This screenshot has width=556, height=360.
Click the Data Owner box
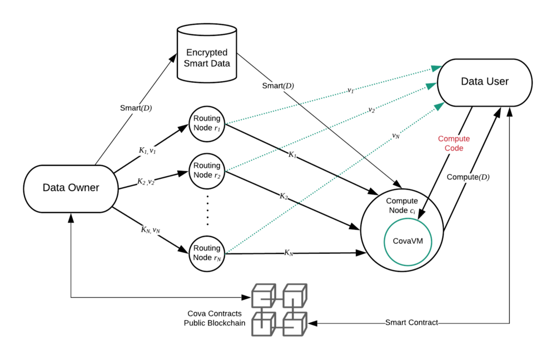(71, 188)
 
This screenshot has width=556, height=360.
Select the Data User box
(484, 82)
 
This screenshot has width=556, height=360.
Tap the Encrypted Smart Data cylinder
(207, 56)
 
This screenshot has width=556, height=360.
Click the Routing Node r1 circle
(207, 123)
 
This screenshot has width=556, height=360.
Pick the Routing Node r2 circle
(207, 171)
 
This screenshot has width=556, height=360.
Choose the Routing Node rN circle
(207, 253)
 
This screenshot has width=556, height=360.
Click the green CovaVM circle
(408, 241)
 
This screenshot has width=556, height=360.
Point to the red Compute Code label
(454, 143)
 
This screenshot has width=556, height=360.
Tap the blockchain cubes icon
(279, 309)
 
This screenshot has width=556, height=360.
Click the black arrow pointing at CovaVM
(423, 209)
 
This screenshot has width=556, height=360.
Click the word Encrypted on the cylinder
(207, 53)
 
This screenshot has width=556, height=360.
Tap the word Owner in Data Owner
(83, 188)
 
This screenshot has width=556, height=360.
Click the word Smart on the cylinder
(196, 63)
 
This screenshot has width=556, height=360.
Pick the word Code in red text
(454, 149)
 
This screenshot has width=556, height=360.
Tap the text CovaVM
(408, 241)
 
